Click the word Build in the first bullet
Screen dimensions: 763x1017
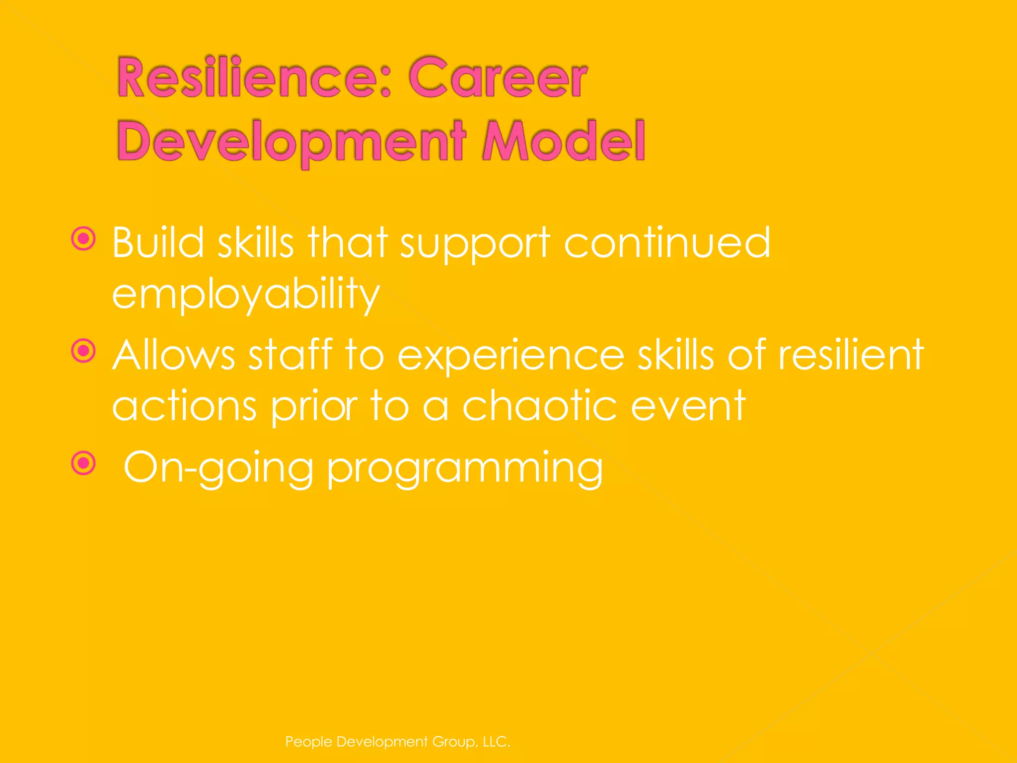click(x=158, y=243)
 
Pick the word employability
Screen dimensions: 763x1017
click(x=246, y=294)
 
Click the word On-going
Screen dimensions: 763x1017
click(x=218, y=468)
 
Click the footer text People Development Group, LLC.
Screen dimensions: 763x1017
click(x=398, y=742)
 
